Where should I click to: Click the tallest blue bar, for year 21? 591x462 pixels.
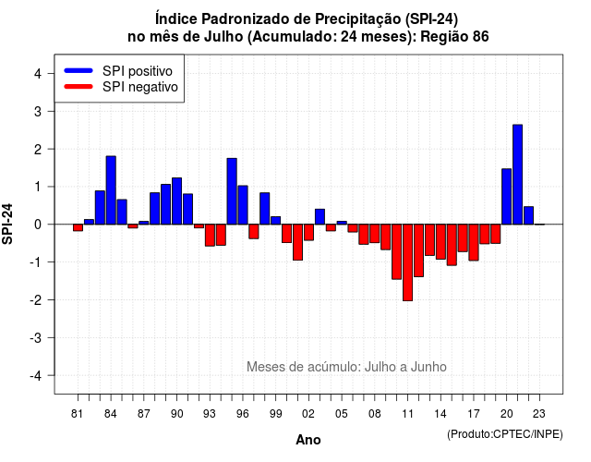pyautogui.click(x=517, y=175)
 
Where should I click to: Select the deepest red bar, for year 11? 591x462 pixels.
pyautogui.click(x=407, y=262)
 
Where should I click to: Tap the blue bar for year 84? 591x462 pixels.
pyautogui.click(x=111, y=190)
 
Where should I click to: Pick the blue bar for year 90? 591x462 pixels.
pyautogui.click(x=176, y=201)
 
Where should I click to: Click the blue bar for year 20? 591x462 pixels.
pyautogui.click(x=507, y=197)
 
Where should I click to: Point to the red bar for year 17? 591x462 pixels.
pyautogui.click(x=474, y=242)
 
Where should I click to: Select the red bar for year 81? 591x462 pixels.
pyautogui.click(x=78, y=228)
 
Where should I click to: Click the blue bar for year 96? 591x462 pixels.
pyautogui.click(x=243, y=205)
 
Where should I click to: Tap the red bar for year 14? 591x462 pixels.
pyautogui.click(x=440, y=242)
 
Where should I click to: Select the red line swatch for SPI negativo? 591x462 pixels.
pyautogui.click(x=78, y=86)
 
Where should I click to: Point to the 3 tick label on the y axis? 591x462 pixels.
pyautogui.click(x=38, y=111)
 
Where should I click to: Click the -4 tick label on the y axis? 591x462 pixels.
pyautogui.click(x=35, y=375)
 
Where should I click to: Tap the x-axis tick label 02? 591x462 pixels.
pyautogui.click(x=308, y=414)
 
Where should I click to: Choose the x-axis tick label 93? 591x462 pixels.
pyautogui.click(x=210, y=414)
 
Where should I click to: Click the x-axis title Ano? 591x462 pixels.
pyautogui.click(x=308, y=440)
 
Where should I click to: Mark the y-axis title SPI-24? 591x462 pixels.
pyautogui.click(x=7, y=224)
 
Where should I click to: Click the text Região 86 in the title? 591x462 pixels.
pyautogui.click(x=454, y=37)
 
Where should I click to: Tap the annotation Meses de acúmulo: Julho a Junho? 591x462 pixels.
pyautogui.click(x=346, y=367)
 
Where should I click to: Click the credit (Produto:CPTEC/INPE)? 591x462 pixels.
pyautogui.click(x=505, y=434)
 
